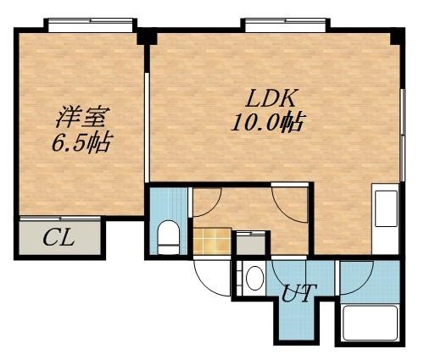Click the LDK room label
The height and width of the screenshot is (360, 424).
(268, 96)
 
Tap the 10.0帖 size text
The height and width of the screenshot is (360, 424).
(268, 123)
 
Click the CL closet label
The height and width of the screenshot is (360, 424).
(59, 238)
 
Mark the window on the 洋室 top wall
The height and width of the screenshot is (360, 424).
(91, 23)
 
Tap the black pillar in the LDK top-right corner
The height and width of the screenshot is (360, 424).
(396, 37)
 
